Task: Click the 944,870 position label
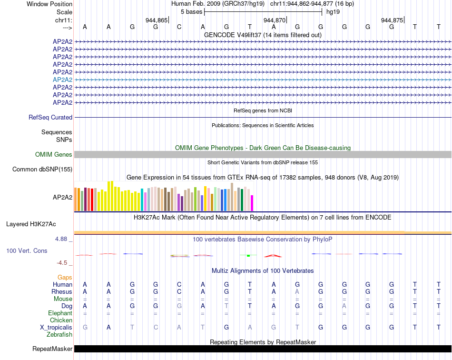click(274, 20)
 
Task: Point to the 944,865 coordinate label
click(157, 20)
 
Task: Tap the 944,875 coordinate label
click(392, 20)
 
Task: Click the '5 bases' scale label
click(191, 11)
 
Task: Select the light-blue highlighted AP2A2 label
click(62, 80)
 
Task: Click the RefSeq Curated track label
click(50, 117)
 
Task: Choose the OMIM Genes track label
click(54, 154)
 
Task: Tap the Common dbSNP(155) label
click(42, 169)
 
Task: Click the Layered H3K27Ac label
click(31, 224)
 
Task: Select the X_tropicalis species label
click(56, 328)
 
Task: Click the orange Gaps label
click(65, 277)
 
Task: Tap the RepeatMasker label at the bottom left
click(52, 349)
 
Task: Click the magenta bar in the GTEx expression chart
click(252, 203)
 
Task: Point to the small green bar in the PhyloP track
click(248, 256)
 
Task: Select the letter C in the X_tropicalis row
click(156, 328)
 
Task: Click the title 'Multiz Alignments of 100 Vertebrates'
click(263, 270)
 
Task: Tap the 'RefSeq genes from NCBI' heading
click(263, 110)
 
